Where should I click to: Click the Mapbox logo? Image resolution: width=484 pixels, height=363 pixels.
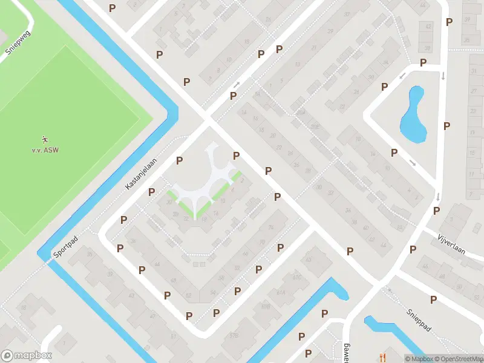tap(27, 356)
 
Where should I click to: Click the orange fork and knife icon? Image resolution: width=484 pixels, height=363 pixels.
tap(381, 358)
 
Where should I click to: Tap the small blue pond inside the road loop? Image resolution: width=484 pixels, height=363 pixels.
tap(414, 114)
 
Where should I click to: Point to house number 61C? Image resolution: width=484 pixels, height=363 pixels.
tap(296, 278)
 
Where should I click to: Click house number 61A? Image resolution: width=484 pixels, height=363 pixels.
tap(281, 292)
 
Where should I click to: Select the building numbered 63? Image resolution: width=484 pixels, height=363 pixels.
tap(309, 259)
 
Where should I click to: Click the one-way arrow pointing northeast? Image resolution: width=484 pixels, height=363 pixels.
tap(237, 84)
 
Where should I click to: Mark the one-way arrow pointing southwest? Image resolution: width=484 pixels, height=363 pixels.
tap(403, 76)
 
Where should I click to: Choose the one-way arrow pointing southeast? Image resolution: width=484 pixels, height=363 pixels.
tap(413, 163)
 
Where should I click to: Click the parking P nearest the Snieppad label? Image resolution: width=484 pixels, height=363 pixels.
tap(433, 299)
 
